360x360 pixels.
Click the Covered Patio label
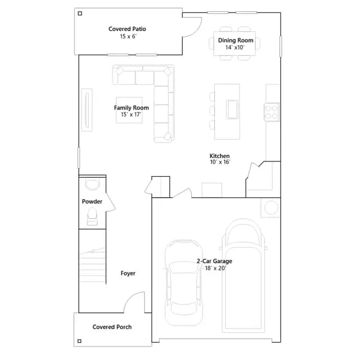[x=127, y=29]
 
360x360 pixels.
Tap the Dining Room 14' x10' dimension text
[x=235, y=47]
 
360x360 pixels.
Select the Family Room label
[x=131, y=107]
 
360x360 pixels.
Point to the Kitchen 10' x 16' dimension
[x=220, y=162]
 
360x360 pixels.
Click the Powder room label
[x=92, y=201]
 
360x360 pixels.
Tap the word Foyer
[x=128, y=273]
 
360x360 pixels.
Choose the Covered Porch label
[x=112, y=327]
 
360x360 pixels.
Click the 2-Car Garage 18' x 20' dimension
[x=215, y=268]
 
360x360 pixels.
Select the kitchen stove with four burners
[x=271, y=112]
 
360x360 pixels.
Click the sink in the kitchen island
[x=232, y=109]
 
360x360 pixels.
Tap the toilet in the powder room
[x=92, y=216]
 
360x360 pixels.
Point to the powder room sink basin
[x=92, y=184]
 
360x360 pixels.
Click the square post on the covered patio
[x=80, y=13]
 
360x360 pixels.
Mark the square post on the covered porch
[x=79, y=341]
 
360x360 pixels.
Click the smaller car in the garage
[x=184, y=283]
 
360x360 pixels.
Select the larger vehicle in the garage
[x=244, y=276]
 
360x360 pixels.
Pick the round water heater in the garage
[x=271, y=208]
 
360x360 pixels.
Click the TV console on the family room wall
[x=87, y=110]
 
